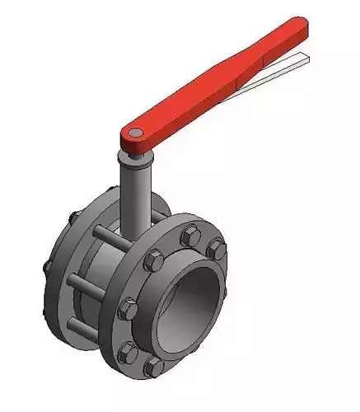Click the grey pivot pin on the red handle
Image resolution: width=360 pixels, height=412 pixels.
(133, 133)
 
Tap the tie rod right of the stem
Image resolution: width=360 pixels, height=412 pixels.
(157, 215)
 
